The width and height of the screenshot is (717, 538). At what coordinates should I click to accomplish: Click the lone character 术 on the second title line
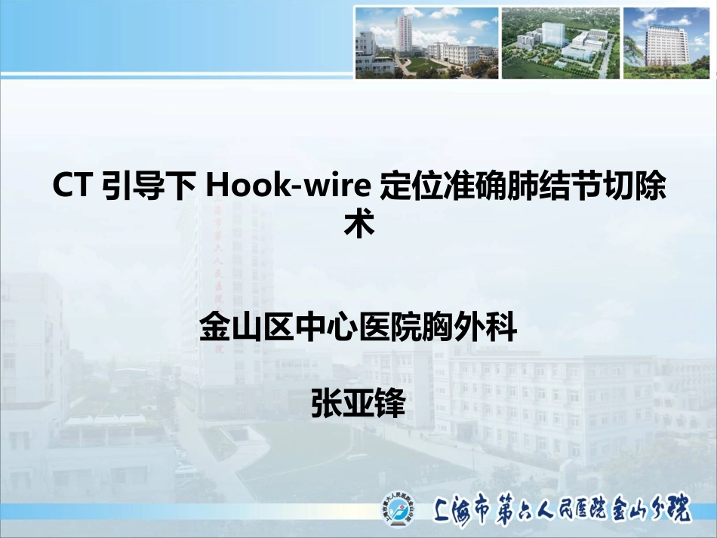358,224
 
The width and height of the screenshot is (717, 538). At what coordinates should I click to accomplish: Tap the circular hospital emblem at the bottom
399,512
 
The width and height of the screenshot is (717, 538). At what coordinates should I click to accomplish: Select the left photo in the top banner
426,43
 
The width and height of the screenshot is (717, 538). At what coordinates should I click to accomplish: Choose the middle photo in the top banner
560,43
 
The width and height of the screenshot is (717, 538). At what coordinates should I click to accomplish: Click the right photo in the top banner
666,43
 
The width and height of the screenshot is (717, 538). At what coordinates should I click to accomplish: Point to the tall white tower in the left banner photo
403,34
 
